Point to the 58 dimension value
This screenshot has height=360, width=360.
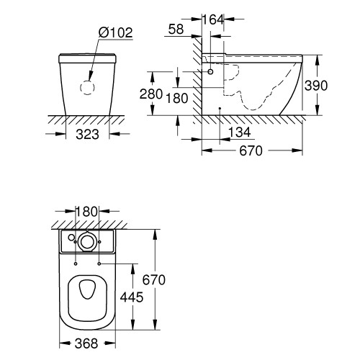coord(175,28)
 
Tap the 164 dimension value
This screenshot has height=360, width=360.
coord(212,19)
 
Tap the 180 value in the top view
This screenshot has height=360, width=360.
coord(86,211)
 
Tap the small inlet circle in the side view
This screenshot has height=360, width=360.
coord(211,73)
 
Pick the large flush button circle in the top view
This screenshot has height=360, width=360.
coord(88,241)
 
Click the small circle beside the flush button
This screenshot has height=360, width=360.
coord(71,238)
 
